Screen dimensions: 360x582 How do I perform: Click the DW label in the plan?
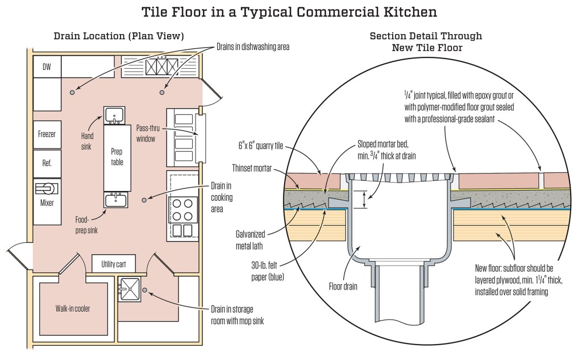tap(47, 67)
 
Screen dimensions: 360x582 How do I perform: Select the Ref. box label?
tap(47, 163)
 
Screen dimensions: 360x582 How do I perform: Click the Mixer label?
tap(47, 202)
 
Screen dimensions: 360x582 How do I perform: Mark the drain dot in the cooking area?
tap(144, 200)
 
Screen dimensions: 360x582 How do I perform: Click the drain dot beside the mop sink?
tap(144, 290)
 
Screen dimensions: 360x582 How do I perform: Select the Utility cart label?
tap(118, 264)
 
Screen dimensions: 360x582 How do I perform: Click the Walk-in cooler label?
tap(73, 309)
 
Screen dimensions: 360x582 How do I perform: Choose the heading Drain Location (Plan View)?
tap(119, 36)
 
